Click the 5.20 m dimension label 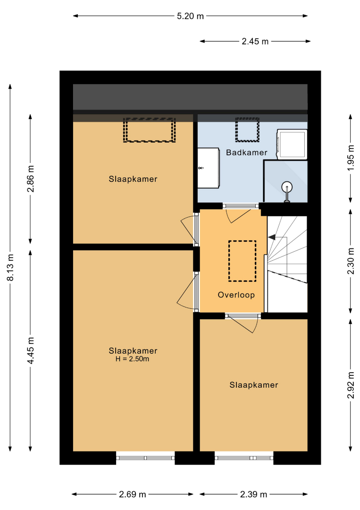pyautogui.click(x=190, y=16)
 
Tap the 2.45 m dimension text pyautogui.click(x=255, y=41)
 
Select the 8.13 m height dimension pyautogui.click(x=10, y=267)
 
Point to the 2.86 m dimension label pyautogui.click(x=31, y=178)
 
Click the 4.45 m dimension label pyautogui.click(x=31, y=350)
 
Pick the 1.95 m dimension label pyautogui.click(x=351, y=158)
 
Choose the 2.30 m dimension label pyautogui.click(x=351, y=261)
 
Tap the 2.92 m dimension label pyautogui.click(x=351, y=385)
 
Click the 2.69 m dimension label pyautogui.click(x=132, y=494)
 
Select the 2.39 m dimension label pyautogui.click(x=253, y=494)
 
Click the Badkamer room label pyautogui.click(x=247, y=153)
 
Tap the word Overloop pyautogui.click(x=236, y=295)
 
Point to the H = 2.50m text pyautogui.click(x=132, y=359)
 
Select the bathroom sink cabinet pyautogui.click(x=208, y=168)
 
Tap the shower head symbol pyautogui.click(x=287, y=191)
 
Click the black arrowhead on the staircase pyautogui.click(x=272, y=237)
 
